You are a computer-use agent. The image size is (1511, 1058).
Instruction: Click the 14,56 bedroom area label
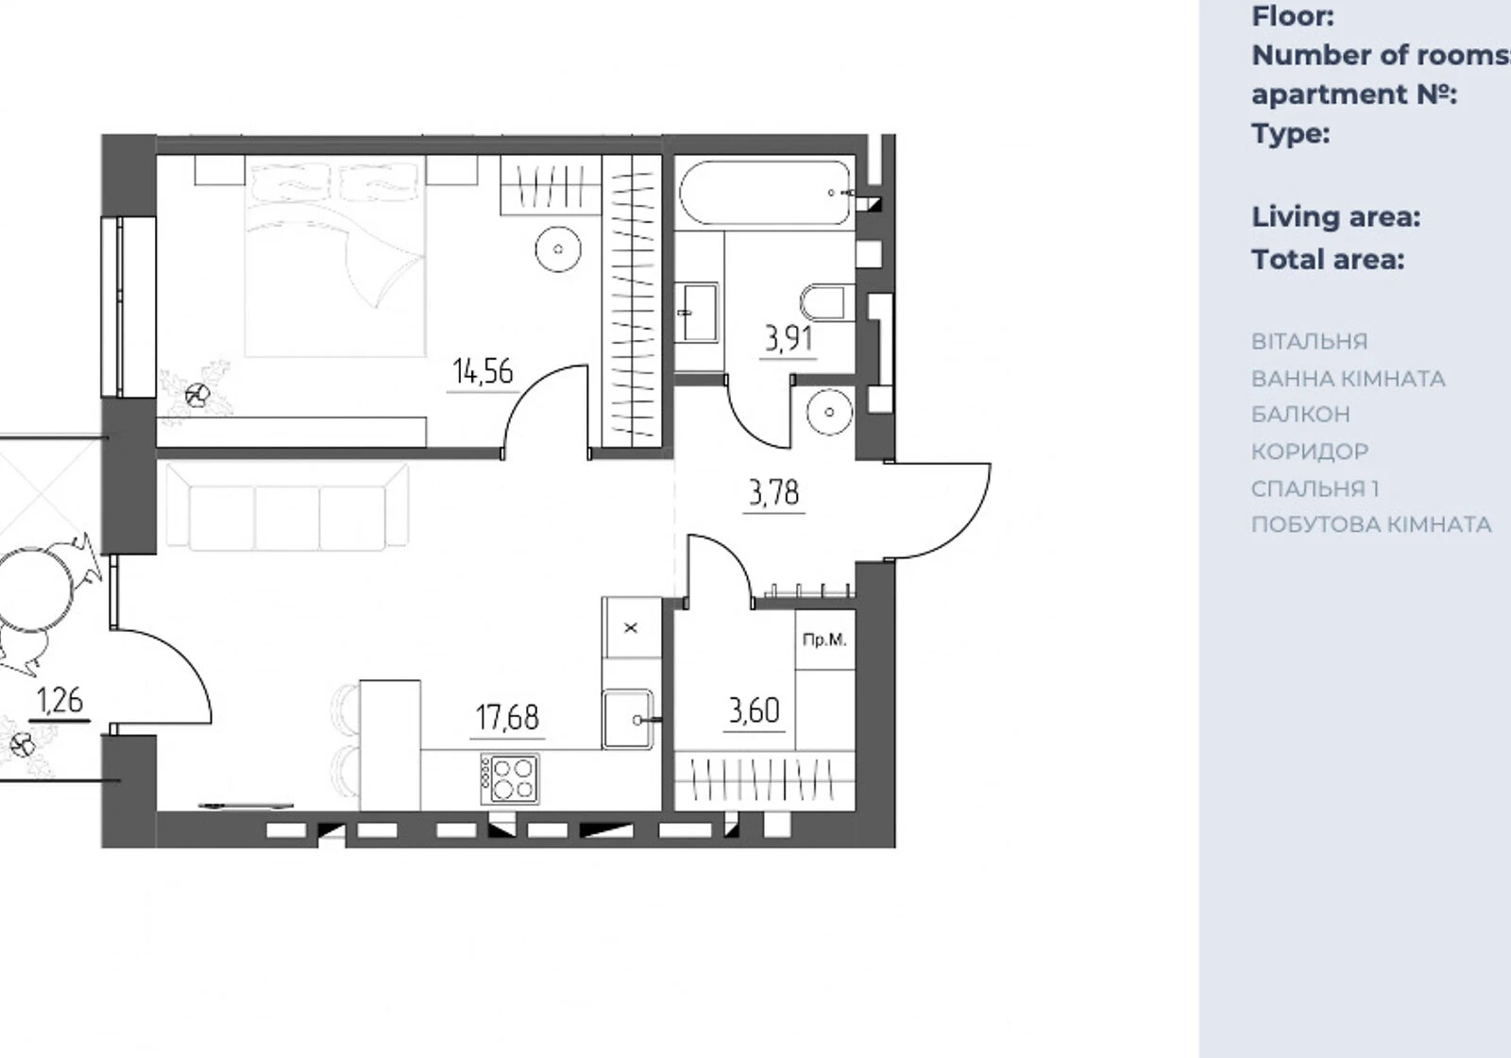(x=483, y=372)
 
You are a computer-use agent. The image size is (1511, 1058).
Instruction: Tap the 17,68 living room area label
(x=507, y=717)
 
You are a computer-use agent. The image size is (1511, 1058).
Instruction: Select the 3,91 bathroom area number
(x=788, y=339)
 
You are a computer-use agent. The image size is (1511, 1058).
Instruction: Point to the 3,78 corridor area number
(x=773, y=492)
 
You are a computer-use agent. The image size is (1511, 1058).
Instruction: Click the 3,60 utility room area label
(x=755, y=710)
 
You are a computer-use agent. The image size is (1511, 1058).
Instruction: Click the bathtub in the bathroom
(x=766, y=193)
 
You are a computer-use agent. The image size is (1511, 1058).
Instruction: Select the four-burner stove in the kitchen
(x=510, y=778)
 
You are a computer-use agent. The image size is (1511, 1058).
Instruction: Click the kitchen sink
(x=628, y=719)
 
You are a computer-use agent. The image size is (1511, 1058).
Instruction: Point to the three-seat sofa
(x=287, y=506)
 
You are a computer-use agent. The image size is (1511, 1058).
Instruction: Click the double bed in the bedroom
(x=336, y=256)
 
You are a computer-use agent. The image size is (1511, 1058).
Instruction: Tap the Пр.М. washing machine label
(x=824, y=640)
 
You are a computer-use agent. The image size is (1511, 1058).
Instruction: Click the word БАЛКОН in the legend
(x=1300, y=415)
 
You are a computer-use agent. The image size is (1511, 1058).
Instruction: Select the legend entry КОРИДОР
(x=1310, y=452)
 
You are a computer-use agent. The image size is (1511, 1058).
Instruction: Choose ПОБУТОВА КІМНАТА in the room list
(x=1371, y=524)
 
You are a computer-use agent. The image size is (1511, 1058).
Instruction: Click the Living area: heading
(x=1336, y=217)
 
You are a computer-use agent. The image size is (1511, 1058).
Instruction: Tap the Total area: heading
(x=1328, y=260)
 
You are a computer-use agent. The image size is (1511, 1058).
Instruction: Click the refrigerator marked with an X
(x=632, y=627)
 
